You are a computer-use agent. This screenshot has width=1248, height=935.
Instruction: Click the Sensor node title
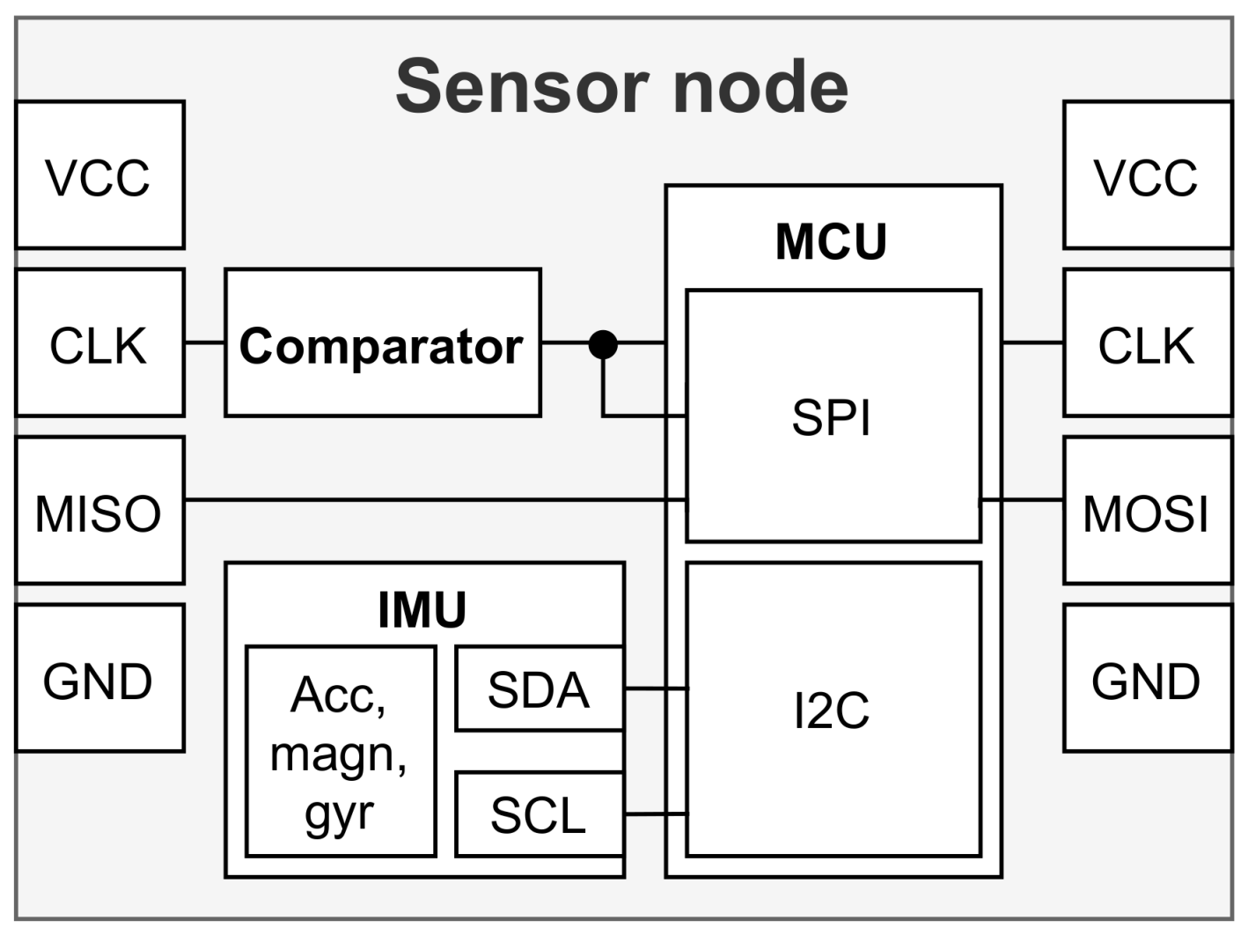coord(621,86)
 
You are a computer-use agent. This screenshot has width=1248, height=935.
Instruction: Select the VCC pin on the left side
coord(99,175)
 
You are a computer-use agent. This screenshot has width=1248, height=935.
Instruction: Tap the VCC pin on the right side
coord(1147,175)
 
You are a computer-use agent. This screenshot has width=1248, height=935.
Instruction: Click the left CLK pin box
coord(99,342)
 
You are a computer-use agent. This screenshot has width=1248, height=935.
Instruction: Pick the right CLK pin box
coord(1147,342)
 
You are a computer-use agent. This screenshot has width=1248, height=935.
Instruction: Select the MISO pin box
coord(99,511)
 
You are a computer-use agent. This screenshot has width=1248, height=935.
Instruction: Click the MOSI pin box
coord(1147,511)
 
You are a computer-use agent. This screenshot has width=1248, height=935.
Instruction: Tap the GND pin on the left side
coord(99,679)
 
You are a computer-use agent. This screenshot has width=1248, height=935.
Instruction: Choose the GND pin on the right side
coord(1147,679)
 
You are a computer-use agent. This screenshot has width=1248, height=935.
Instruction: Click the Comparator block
coord(382,343)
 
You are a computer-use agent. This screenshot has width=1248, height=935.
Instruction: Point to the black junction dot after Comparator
coord(603,343)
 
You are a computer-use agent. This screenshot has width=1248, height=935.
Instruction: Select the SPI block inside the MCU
coord(833,416)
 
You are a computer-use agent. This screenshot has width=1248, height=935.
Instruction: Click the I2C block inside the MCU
coord(833,710)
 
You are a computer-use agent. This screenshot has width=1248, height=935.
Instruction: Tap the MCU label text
coord(831,241)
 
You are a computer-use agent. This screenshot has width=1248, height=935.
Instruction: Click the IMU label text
coord(422,609)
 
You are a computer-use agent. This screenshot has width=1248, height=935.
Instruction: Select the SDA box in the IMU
coord(539,689)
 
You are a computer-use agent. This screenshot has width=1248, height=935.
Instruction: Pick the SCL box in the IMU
coord(539,814)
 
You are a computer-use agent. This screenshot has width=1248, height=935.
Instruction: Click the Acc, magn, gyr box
coord(341,752)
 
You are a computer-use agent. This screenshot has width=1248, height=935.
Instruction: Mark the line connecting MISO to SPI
coord(431,500)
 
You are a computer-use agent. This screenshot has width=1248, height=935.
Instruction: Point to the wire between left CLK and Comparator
coord(204,342)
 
